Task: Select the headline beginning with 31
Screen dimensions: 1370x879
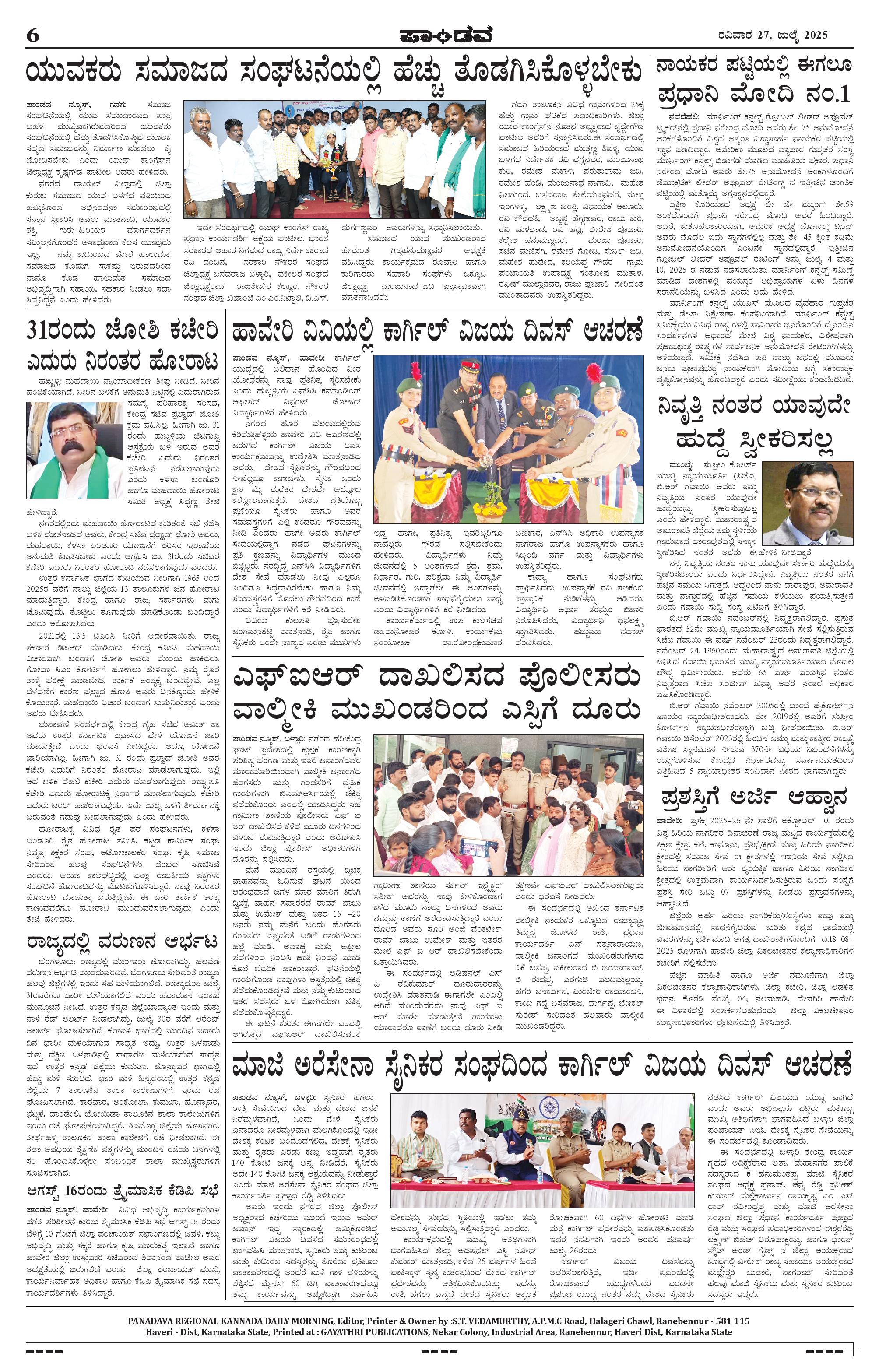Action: tap(122, 346)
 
